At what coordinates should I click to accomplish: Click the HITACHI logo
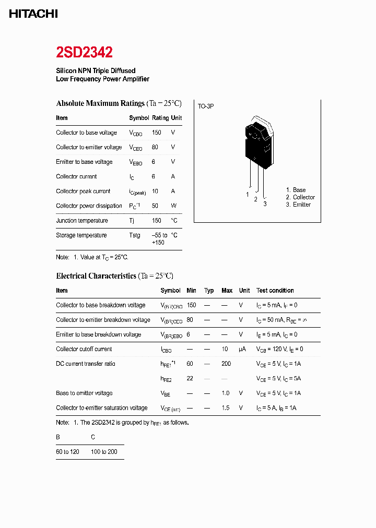pyautogui.click(x=33, y=14)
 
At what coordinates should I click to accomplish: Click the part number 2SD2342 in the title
pyautogui.click(x=84, y=52)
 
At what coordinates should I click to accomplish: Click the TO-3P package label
pyautogui.click(x=205, y=106)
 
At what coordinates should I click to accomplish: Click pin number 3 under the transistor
pyautogui.click(x=265, y=204)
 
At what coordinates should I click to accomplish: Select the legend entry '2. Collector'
pyautogui.click(x=300, y=197)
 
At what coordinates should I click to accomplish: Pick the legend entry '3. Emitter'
pyautogui.click(x=298, y=205)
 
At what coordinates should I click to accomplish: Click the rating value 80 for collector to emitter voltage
pyautogui.click(x=155, y=147)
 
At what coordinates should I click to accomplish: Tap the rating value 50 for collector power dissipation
pyautogui.click(x=155, y=206)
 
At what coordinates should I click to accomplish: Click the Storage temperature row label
pyautogui.click(x=81, y=235)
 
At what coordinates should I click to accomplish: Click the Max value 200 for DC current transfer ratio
pyautogui.click(x=226, y=364)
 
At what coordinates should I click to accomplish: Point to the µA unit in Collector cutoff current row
pyautogui.click(x=242, y=349)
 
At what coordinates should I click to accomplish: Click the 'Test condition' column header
pyautogui.click(x=275, y=291)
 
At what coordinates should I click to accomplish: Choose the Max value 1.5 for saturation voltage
pyautogui.click(x=226, y=408)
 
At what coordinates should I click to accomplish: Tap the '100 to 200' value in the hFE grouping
pyautogui.click(x=104, y=451)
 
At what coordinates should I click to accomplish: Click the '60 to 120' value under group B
pyautogui.click(x=67, y=451)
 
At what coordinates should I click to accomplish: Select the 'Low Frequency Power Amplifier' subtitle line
pyautogui.click(x=102, y=79)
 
